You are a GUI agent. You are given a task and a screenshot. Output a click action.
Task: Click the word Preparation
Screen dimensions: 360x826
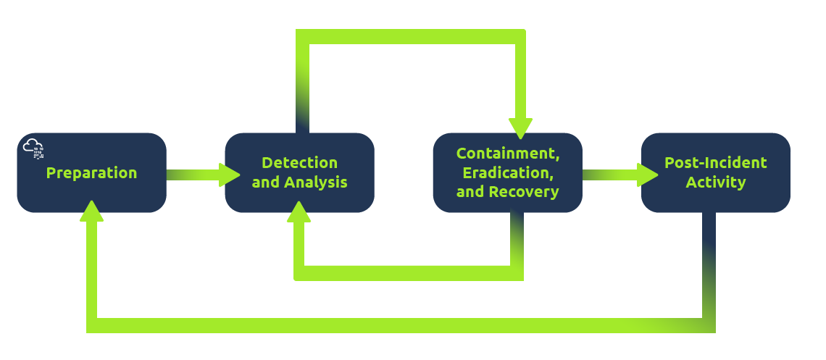(x=91, y=173)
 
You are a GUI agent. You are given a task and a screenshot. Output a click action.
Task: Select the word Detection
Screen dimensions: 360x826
(x=299, y=163)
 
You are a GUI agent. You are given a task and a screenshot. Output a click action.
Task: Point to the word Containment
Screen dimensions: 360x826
(x=508, y=154)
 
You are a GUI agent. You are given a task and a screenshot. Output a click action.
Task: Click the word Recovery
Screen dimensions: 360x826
(x=523, y=192)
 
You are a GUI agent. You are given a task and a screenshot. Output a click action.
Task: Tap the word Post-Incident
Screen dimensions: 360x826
(x=715, y=163)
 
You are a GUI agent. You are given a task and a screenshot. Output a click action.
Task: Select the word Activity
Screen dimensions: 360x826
(x=715, y=182)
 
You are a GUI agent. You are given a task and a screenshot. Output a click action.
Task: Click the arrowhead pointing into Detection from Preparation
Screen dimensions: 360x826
(x=230, y=174)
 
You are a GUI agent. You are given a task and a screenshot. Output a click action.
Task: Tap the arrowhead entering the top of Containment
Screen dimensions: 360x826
(x=520, y=128)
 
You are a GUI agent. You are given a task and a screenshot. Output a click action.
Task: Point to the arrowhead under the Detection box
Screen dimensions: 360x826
(x=299, y=212)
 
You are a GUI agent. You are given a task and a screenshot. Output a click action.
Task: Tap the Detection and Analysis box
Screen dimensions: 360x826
(x=299, y=199)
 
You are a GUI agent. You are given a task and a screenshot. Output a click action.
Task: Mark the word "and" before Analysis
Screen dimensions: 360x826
(x=265, y=182)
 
